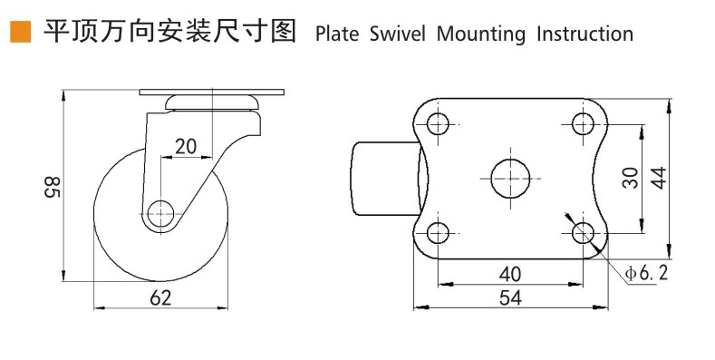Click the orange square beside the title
pos(21,32)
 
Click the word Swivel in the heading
pos(397,34)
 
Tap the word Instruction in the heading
pos(585,34)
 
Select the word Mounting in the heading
pos(481,34)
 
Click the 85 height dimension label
pos(53,187)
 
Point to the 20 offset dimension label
pos(186,147)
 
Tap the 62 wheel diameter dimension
pos(160,297)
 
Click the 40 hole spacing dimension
pos(510,274)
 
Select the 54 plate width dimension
pos(510,298)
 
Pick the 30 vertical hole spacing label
pos(631,178)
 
